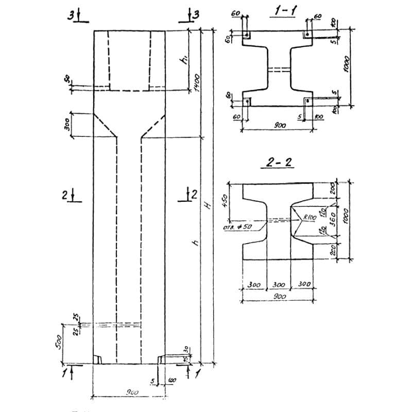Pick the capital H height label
pyautogui.click(x=208, y=205)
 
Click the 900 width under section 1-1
pyautogui.click(x=280, y=126)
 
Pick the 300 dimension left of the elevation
pyautogui.click(x=66, y=125)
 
